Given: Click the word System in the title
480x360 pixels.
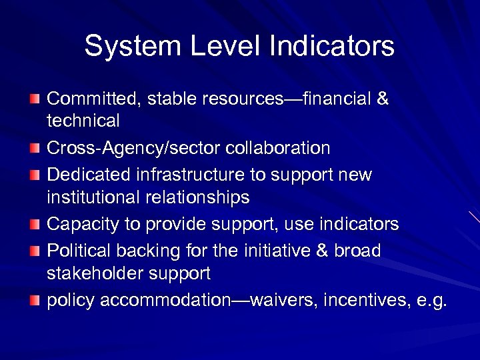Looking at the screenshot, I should pos(125,47).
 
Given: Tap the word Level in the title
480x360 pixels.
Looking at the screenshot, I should pos(213,47).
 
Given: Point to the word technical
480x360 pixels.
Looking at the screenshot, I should pos(83,121).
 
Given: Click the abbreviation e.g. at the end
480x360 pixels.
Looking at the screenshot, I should pos(431,301).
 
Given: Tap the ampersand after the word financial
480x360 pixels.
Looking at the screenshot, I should pos(383,99).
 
